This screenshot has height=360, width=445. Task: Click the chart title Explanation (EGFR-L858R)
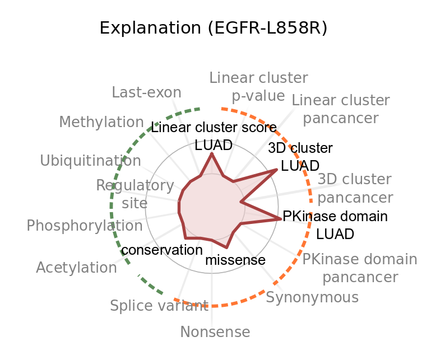pyautogui.click(x=213, y=28)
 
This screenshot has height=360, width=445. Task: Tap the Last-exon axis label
pyautogui.click(x=146, y=92)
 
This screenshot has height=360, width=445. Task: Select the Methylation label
pyautogui.click(x=101, y=121)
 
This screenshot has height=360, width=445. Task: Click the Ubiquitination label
pyautogui.click(x=90, y=161)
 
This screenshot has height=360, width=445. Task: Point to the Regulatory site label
pyautogui.click(x=135, y=194)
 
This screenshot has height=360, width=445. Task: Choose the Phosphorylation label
pyautogui.click(x=85, y=226)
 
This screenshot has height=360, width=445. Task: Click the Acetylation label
pyautogui.click(x=76, y=268)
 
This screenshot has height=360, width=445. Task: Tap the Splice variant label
pyautogui.click(x=159, y=306)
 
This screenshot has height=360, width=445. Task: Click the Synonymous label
pyautogui.click(x=312, y=297)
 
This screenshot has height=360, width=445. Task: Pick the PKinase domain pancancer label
pyautogui.click(x=360, y=268)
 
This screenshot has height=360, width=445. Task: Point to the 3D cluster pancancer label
pyautogui.click(x=355, y=189)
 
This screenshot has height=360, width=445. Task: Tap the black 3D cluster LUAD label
pyautogui.click(x=300, y=157)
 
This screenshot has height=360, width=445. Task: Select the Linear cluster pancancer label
pyautogui.click(x=341, y=109)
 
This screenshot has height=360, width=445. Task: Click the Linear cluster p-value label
pyautogui.click(x=258, y=86)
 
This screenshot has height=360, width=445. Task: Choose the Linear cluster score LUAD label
pyautogui.click(x=214, y=136)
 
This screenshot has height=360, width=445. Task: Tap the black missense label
pyautogui.click(x=235, y=260)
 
